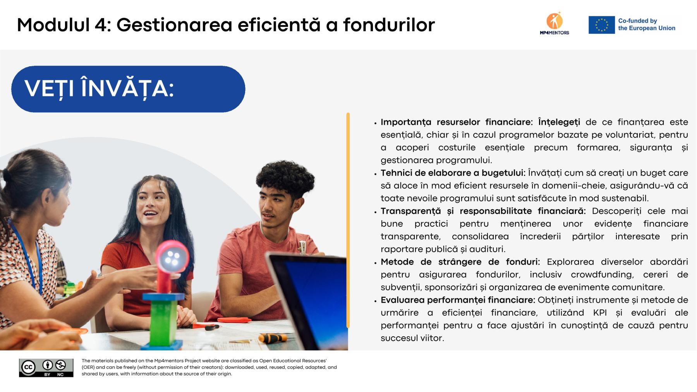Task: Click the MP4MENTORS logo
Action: pyautogui.click(x=555, y=24)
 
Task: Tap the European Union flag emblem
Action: pyautogui.click(x=601, y=25)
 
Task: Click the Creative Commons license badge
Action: pyautogui.click(x=46, y=368)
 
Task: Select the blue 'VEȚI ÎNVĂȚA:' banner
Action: pyautogui.click(x=128, y=89)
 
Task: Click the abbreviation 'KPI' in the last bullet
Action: pyautogui.click(x=600, y=313)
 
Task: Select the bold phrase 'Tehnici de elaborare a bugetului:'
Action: pyautogui.click(x=453, y=173)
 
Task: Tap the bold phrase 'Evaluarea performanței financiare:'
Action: pyautogui.click(x=458, y=300)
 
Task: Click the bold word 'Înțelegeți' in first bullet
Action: pyautogui.click(x=559, y=122)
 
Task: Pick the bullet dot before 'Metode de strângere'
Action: pyautogui.click(x=375, y=263)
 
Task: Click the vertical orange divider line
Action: pyautogui.click(x=348, y=220)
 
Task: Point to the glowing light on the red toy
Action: pyautogui.click(x=172, y=258)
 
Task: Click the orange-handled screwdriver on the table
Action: pyautogui.click(x=273, y=338)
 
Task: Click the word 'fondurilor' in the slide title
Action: pyautogui.click(x=389, y=25)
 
